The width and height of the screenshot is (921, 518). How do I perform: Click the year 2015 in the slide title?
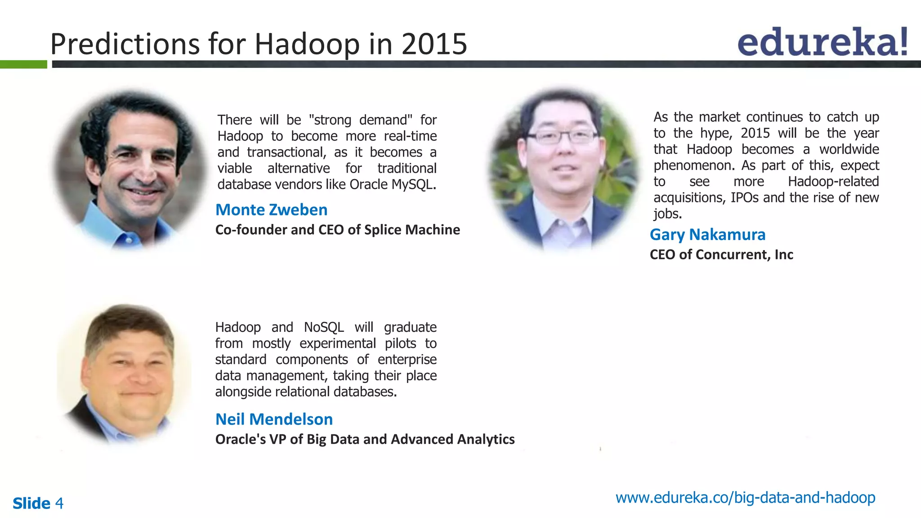pyautogui.click(x=434, y=44)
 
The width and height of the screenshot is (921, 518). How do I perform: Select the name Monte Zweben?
pyautogui.click(x=271, y=210)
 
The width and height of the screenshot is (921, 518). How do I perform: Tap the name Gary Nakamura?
pyautogui.click(x=707, y=235)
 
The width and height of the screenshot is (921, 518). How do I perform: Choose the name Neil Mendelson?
pyautogui.click(x=274, y=420)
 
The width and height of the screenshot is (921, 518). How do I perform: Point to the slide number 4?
pyautogui.click(x=59, y=503)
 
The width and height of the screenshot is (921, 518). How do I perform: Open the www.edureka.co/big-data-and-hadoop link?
pyautogui.click(x=745, y=498)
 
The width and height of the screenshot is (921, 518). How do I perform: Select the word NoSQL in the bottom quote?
pyautogui.click(x=324, y=327)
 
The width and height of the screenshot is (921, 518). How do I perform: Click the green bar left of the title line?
pyautogui.click(x=23, y=64)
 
